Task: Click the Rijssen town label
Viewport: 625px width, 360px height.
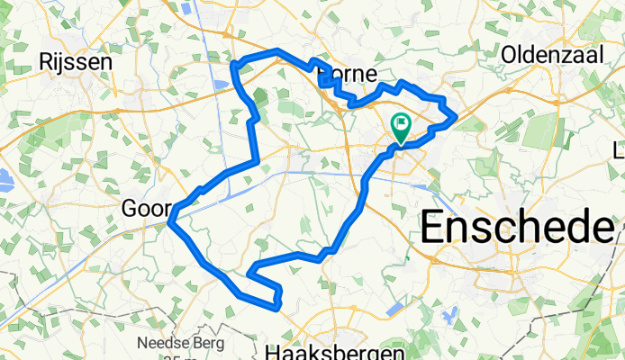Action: tap(76, 61)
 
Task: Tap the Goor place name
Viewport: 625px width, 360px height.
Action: tap(144, 209)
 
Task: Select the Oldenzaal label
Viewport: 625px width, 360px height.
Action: tap(552, 54)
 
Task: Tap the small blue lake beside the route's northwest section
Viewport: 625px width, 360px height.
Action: tap(222, 86)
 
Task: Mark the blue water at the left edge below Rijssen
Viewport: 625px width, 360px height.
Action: tap(5, 178)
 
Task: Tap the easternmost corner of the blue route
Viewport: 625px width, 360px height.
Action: tap(456, 115)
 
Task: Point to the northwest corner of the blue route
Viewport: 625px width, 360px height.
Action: tap(236, 65)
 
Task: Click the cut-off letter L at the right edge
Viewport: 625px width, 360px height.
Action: tap(619, 148)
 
